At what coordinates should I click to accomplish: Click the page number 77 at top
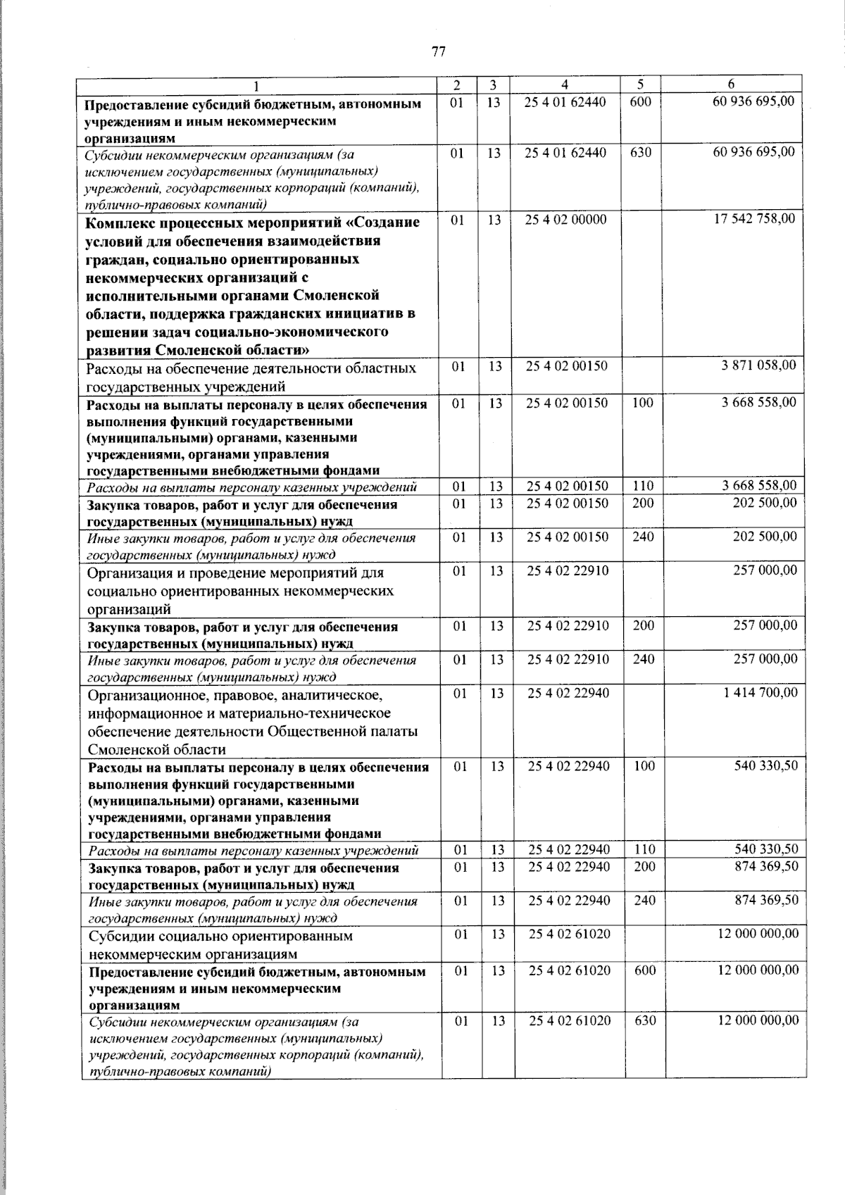(438, 51)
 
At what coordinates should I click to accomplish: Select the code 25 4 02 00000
(565, 220)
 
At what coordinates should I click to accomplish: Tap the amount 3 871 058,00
(759, 365)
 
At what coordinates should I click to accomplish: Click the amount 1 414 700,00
(760, 693)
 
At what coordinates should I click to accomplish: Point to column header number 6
(732, 85)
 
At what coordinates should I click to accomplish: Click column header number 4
(565, 85)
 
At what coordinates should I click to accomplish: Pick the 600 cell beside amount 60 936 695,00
(640, 102)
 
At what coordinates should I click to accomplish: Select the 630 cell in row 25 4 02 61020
(645, 1020)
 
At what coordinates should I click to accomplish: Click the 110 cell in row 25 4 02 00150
(643, 486)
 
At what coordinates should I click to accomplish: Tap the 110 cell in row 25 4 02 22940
(644, 850)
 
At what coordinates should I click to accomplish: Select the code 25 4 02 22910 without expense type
(568, 570)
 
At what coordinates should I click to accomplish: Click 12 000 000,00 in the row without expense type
(758, 934)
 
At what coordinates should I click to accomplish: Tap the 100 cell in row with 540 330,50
(644, 766)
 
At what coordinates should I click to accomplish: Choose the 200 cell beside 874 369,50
(644, 867)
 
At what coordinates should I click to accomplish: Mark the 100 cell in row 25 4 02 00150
(643, 403)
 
